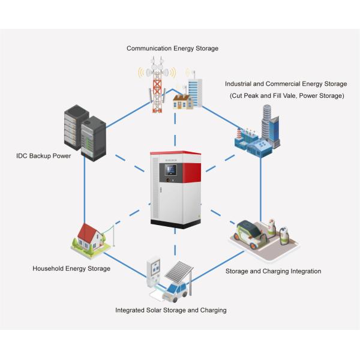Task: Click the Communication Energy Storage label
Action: click(x=172, y=48)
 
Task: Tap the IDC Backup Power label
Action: click(x=43, y=156)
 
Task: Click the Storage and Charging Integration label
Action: click(x=273, y=271)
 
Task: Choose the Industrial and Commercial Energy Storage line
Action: click(x=285, y=84)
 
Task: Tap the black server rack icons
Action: click(x=84, y=132)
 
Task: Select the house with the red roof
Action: click(x=89, y=236)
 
